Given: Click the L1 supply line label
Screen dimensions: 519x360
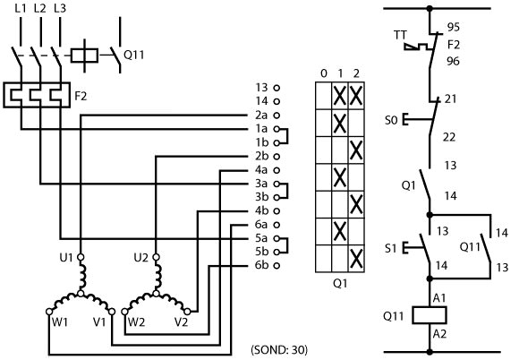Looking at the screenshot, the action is click(x=21, y=8).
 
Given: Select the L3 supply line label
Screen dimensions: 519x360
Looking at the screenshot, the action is click(x=60, y=8).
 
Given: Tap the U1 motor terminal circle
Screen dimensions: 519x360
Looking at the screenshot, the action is click(x=81, y=257).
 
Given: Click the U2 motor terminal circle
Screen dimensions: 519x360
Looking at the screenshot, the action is click(x=156, y=257).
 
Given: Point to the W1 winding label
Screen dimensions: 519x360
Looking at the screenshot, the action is click(x=60, y=321).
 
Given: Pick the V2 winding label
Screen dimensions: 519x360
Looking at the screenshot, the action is click(x=182, y=321).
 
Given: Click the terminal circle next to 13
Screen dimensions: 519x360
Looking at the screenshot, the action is click(x=277, y=88).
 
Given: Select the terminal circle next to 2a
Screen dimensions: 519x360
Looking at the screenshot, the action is click(x=277, y=116).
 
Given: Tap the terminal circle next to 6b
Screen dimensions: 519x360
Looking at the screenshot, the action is click(x=277, y=265).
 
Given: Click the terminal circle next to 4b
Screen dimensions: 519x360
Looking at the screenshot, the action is click(x=277, y=210).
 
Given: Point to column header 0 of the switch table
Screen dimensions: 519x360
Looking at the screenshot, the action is click(x=324, y=73).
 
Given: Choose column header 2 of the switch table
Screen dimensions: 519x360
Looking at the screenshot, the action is click(x=356, y=73).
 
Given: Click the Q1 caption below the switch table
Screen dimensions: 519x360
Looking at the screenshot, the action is click(x=340, y=284).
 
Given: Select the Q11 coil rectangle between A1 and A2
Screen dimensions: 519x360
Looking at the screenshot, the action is click(x=430, y=315).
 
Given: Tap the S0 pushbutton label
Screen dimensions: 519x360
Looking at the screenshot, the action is click(x=391, y=120).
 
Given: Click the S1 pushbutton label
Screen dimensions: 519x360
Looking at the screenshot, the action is click(x=390, y=248).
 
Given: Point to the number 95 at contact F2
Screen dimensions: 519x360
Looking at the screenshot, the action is click(x=453, y=27).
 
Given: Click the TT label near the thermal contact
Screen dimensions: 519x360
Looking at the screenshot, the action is click(x=400, y=35).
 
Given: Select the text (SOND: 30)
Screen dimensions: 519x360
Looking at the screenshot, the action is click(x=279, y=350).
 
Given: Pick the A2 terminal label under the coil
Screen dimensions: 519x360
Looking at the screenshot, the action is click(x=439, y=334).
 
